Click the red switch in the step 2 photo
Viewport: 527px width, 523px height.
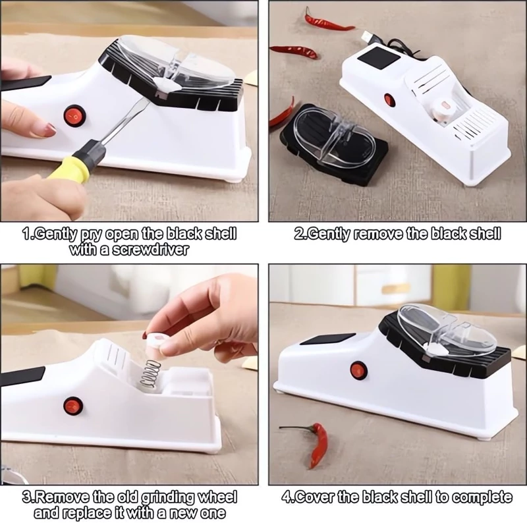389,99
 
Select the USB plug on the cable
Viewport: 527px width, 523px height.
368,36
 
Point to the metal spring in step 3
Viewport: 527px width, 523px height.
150,375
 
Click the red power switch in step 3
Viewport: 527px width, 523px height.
73,406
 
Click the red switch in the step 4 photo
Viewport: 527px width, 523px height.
356,370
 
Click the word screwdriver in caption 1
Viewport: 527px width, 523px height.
150,250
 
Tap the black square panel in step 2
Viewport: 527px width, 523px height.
379,59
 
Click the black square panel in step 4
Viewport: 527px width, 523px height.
327,339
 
